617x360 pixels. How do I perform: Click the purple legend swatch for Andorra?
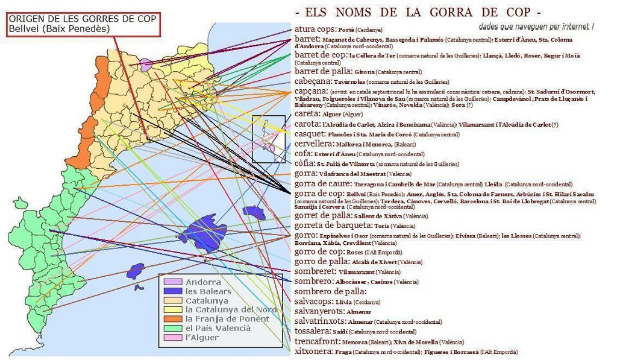tap(172, 282)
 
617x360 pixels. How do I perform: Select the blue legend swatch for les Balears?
tap(172, 291)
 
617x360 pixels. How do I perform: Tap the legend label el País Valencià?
tap(218, 328)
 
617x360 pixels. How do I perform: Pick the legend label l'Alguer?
tap(202, 337)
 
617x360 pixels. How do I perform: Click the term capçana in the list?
tap(312, 92)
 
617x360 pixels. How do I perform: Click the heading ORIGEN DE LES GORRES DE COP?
tap(83, 18)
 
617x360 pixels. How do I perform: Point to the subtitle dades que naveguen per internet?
tap(536, 27)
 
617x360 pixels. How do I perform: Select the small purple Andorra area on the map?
tap(146, 63)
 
